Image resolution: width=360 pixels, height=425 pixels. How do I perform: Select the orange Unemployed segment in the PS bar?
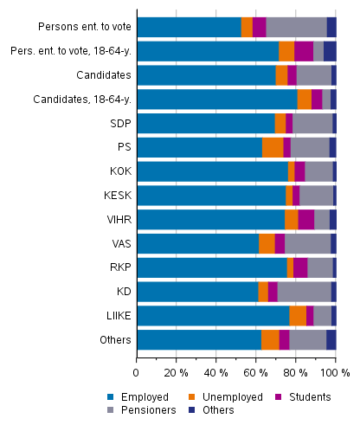(273, 147)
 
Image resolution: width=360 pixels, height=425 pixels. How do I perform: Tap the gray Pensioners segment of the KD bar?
(304, 291)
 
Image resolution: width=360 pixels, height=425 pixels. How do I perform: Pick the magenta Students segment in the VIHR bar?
(305, 219)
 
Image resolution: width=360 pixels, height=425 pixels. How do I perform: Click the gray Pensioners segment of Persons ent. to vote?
(296, 27)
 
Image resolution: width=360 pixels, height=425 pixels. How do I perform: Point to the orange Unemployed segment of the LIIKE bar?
(298, 315)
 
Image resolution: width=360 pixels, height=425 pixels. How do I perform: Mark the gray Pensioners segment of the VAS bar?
(307, 243)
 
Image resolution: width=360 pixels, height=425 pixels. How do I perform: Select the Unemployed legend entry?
(216, 397)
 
